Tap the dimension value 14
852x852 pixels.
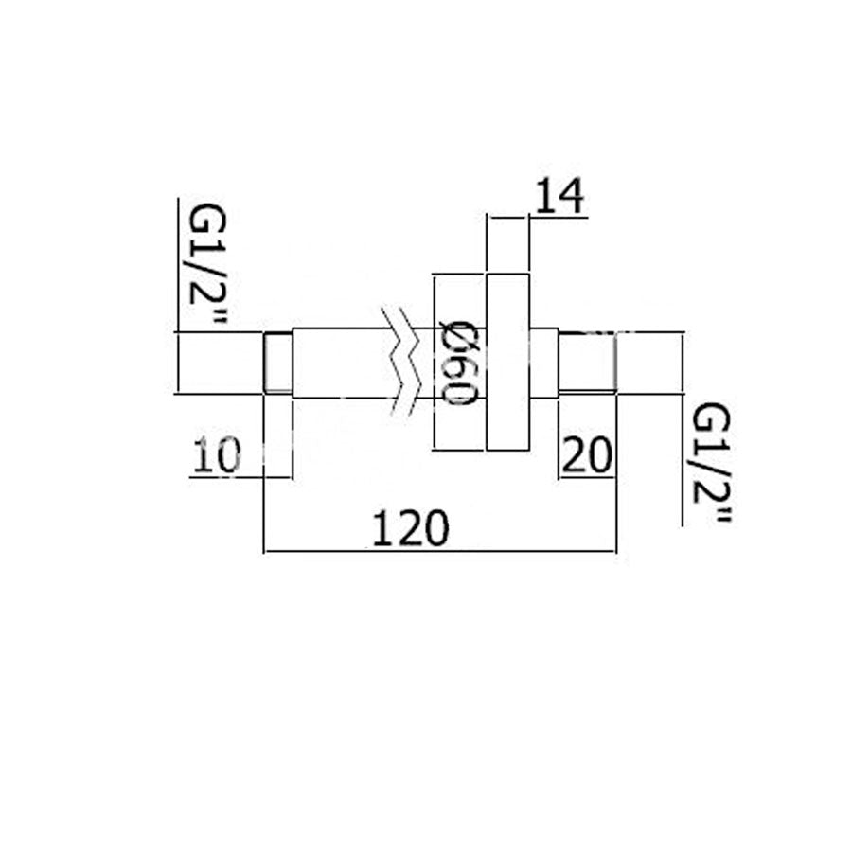pos(559,198)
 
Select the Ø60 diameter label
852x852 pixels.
pos(458,362)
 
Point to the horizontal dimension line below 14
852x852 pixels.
pos(506,217)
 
